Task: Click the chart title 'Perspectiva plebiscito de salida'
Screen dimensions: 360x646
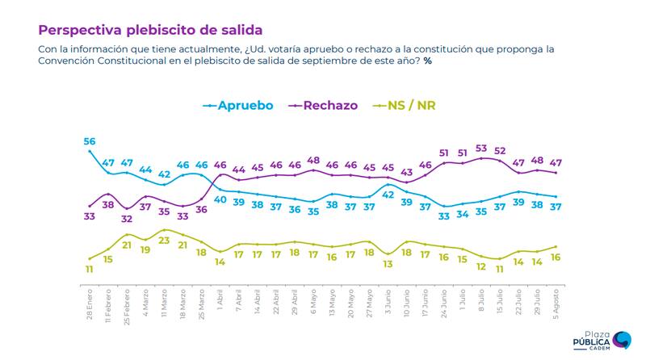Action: [x=150, y=31]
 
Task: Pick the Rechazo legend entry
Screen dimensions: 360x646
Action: [x=329, y=105]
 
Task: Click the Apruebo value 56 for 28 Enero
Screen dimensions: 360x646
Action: [x=90, y=142]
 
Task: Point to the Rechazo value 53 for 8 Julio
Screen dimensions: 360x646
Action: [x=481, y=149]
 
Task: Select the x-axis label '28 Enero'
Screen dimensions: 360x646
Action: [x=90, y=301]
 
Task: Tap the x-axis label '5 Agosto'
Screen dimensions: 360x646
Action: [x=556, y=300]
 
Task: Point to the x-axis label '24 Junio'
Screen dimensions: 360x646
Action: [x=444, y=301]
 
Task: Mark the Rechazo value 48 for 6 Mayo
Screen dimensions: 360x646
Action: [x=313, y=160]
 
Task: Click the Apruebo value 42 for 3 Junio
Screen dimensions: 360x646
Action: [x=388, y=195]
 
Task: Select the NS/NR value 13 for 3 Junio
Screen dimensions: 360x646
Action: [x=388, y=263]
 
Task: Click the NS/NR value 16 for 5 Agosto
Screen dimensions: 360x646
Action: [x=556, y=257]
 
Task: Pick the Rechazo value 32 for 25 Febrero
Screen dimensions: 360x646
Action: [x=127, y=218]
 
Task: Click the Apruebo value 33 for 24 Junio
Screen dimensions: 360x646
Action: [x=444, y=216]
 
